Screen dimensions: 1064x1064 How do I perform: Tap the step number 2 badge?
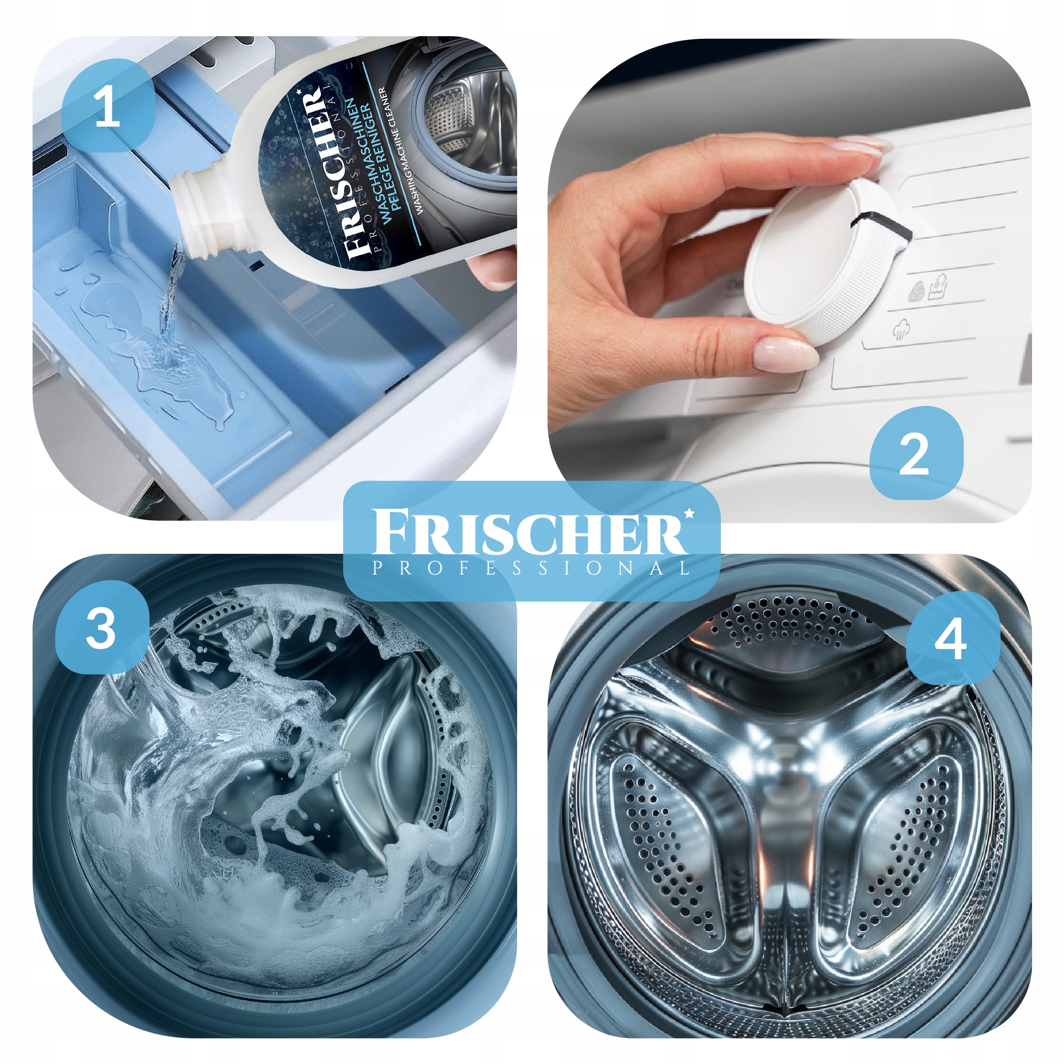917,453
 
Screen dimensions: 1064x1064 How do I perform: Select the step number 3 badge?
102,628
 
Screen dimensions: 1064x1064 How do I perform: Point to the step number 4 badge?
953,638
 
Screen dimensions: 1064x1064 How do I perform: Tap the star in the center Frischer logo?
688,514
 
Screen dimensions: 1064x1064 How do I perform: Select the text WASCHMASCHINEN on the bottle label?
360,160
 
